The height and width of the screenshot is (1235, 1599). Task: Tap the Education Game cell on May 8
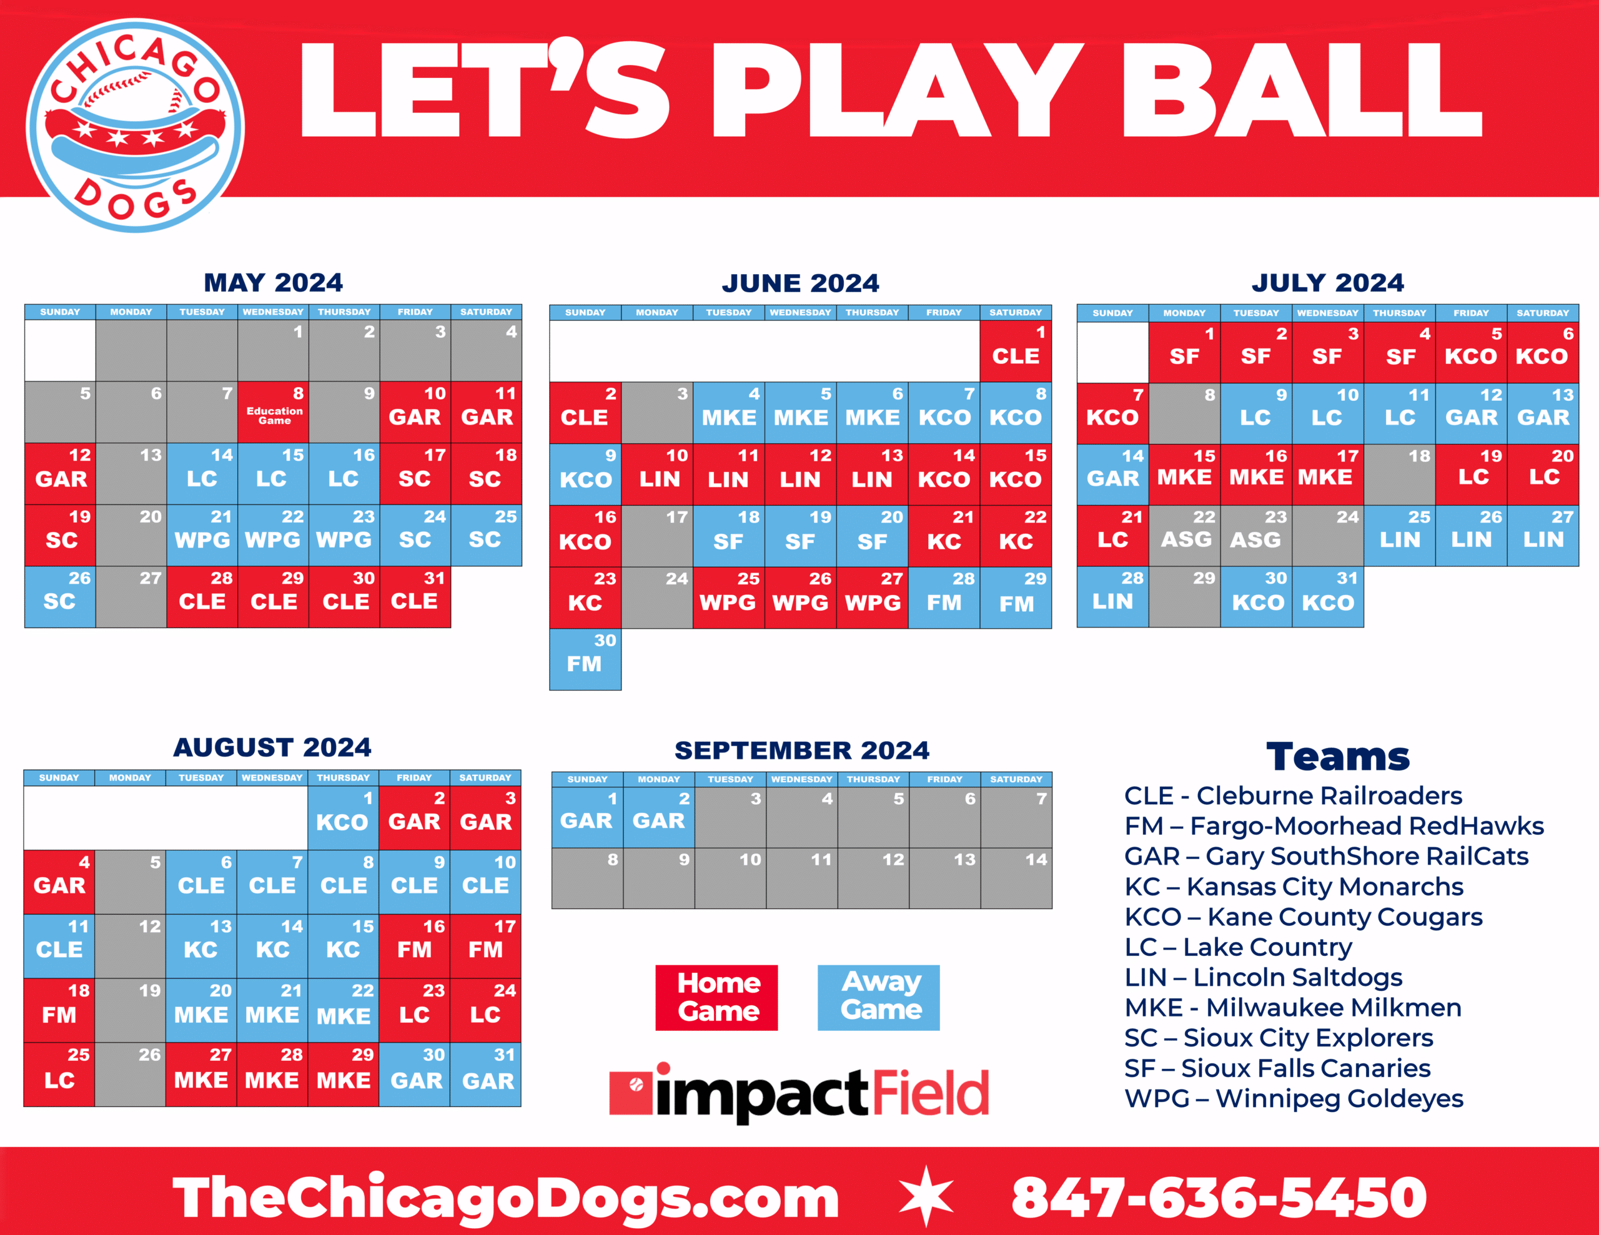click(273, 412)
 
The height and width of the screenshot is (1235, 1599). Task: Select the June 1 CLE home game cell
click(1016, 352)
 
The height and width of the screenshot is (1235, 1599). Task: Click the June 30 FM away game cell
click(585, 659)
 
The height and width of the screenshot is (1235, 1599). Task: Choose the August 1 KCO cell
click(343, 817)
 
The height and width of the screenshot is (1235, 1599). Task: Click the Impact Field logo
click(799, 1092)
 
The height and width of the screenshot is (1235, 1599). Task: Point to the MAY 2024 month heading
click(273, 283)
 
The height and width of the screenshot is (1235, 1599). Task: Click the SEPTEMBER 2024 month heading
click(802, 750)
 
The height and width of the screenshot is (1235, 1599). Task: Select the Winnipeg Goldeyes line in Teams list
click(1294, 1098)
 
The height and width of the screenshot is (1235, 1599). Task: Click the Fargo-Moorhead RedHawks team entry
click(1334, 826)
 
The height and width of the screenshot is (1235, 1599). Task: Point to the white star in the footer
click(926, 1196)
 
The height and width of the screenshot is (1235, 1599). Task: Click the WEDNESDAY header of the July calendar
click(1327, 313)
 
